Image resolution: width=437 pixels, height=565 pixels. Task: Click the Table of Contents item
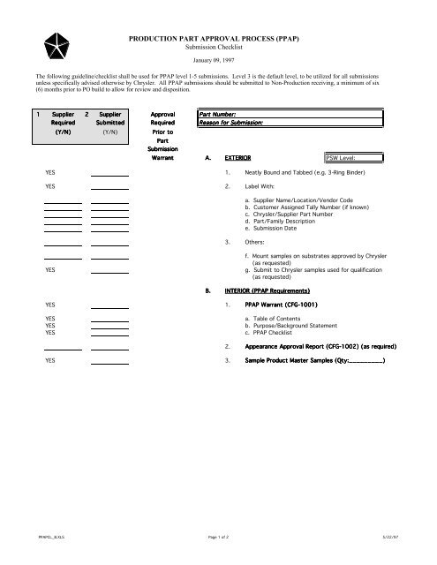[x=273, y=319]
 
